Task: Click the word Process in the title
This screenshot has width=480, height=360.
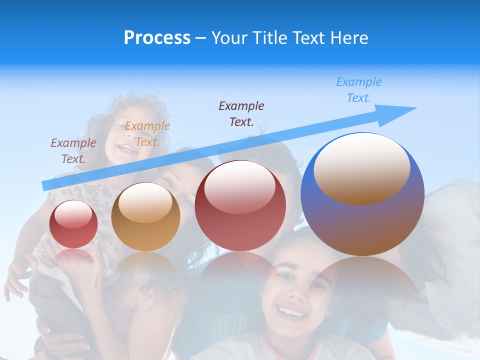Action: point(157,38)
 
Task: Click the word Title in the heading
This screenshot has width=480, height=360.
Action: point(267,38)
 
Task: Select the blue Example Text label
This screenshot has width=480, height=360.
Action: point(358,90)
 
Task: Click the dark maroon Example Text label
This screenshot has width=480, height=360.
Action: point(241,113)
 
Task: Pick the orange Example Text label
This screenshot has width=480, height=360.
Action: point(147,134)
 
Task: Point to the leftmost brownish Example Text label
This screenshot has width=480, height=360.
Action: point(73,150)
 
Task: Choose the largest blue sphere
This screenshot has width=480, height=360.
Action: point(362,220)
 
